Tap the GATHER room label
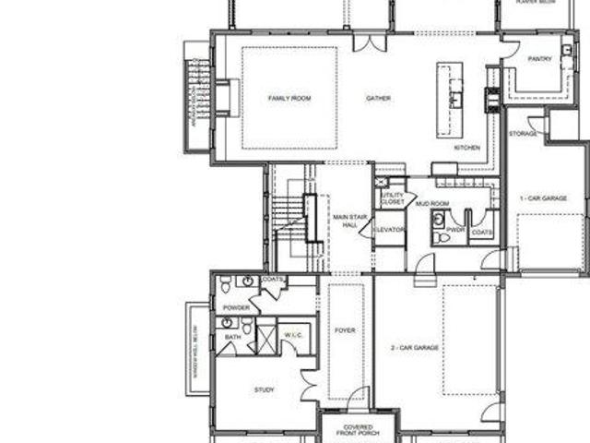pos(378,98)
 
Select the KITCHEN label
pos(466,147)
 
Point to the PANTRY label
pos(540,59)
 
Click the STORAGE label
pos(523,134)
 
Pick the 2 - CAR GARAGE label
pos(414,348)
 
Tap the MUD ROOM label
pos(431,203)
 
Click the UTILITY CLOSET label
pos(386,198)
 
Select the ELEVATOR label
pos(390,228)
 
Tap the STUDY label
pos(265,390)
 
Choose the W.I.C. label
pos(295,333)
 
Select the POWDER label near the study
pos(236,307)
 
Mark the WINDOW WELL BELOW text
pos(195,351)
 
